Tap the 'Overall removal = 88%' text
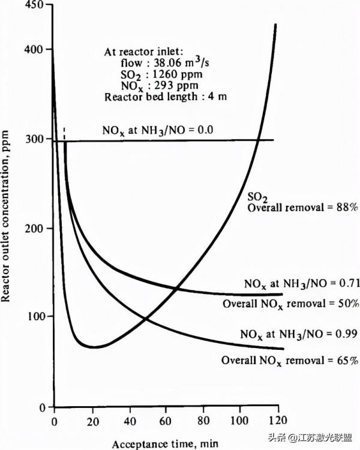tap(303, 208)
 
